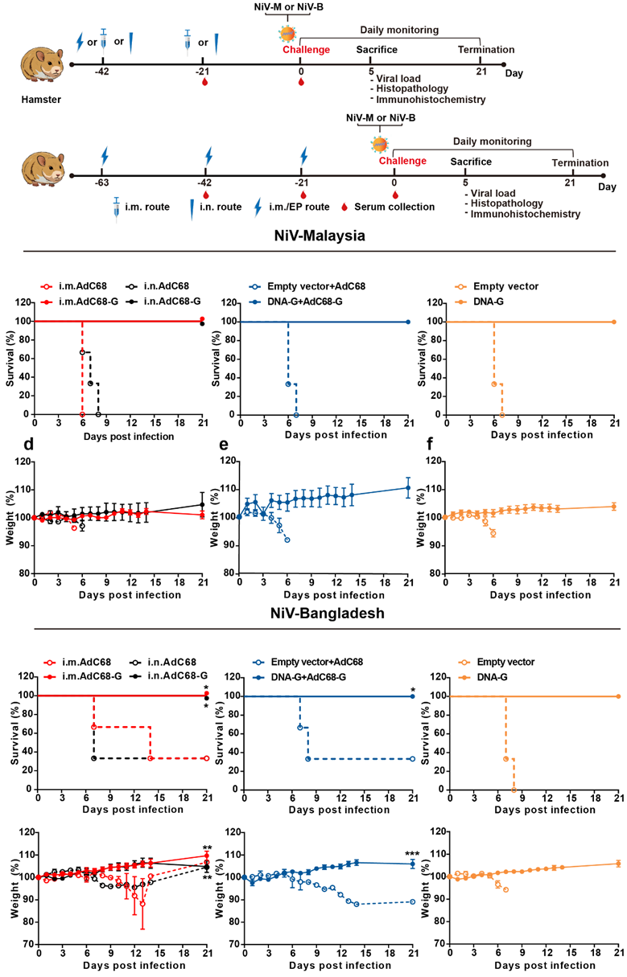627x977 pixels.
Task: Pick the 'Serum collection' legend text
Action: point(399,207)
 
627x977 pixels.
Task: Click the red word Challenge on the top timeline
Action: point(306,50)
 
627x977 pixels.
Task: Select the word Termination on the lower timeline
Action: point(580,163)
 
